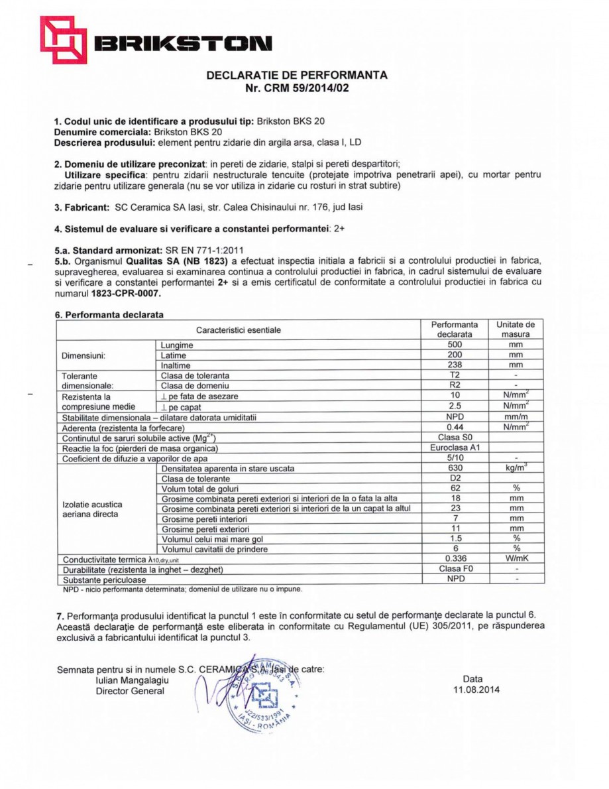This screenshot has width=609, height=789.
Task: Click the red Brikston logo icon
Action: [64, 40]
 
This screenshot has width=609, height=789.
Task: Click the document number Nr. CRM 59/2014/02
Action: [296, 88]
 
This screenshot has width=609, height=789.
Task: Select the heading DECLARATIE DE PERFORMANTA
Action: [296, 75]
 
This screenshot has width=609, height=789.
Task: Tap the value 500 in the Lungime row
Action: [454, 345]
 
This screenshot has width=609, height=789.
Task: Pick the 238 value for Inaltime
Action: [454, 365]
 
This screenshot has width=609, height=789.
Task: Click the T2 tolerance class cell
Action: [454, 375]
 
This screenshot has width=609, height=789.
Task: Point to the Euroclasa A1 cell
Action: [454, 448]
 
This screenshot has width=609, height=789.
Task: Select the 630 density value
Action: [454, 468]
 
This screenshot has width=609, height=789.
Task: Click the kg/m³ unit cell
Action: [516, 468]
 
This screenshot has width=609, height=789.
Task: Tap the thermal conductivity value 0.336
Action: [454, 558]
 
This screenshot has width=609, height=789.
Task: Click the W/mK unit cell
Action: [516, 558]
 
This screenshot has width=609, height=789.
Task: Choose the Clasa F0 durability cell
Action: [454, 569]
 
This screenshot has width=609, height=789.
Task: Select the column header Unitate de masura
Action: [516, 330]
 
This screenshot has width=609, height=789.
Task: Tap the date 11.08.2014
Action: [472, 690]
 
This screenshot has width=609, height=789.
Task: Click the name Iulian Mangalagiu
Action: [133, 680]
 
